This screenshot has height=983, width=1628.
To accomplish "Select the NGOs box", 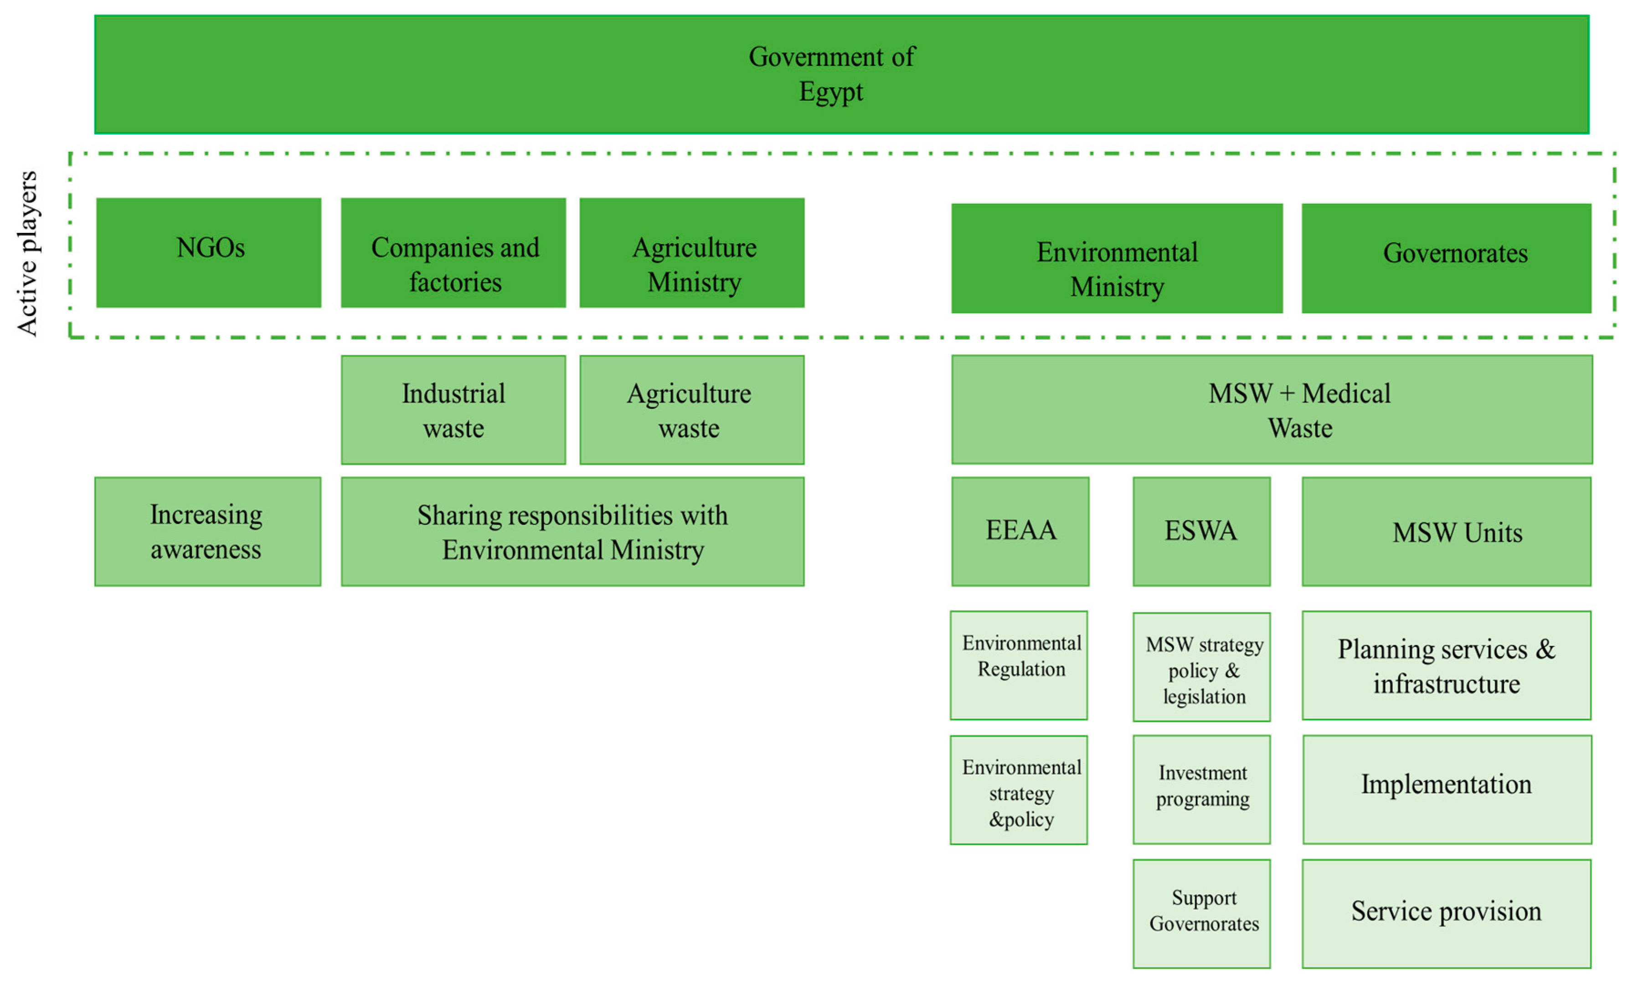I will click(209, 253).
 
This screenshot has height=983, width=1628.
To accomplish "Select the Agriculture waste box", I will click(692, 410).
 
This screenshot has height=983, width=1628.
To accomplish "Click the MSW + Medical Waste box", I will click(1272, 410).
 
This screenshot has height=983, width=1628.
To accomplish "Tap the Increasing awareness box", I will click(207, 532).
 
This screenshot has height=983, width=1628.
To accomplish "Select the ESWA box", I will click(1201, 532).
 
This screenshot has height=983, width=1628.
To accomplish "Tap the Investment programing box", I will click(1201, 789).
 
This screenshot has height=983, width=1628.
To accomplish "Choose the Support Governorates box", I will click(1201, 914).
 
